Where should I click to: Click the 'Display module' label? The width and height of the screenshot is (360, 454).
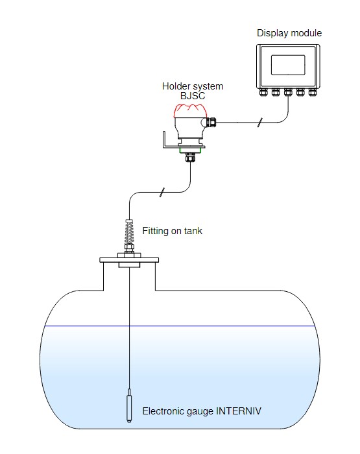click(x=289, y=33)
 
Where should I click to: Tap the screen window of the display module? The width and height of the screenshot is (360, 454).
click(x=288, y=65)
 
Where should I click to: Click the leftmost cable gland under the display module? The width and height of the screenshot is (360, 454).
click(x=263, y=92)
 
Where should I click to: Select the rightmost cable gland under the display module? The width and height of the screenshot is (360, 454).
click(x=312, y=92)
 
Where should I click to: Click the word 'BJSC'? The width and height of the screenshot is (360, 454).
click(x=193, y=96)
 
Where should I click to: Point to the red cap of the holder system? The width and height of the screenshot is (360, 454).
click(x=190, y=111)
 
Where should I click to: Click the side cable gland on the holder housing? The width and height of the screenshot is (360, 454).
click(x=211, y=122)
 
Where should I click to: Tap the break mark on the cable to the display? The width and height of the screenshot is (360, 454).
click(x=260, y=123)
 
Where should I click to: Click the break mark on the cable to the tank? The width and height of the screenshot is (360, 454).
click(x=162, y=192)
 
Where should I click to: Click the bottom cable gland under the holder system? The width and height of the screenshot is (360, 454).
click(x=190, y=157)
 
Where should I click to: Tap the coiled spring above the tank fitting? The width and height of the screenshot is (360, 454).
click(x=129, y=232)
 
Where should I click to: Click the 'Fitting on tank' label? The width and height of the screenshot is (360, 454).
click(x=173, y=231)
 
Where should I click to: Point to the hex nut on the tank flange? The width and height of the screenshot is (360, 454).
click(x=129, y=248)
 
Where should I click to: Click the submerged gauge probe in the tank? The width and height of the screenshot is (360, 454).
click(x=129, y=405)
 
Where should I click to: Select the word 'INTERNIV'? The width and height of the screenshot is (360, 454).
click(x=239, y=411)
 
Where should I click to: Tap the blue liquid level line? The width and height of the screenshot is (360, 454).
click(x=180, y=326)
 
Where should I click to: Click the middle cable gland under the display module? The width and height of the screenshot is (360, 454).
click(x=288, y=92)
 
